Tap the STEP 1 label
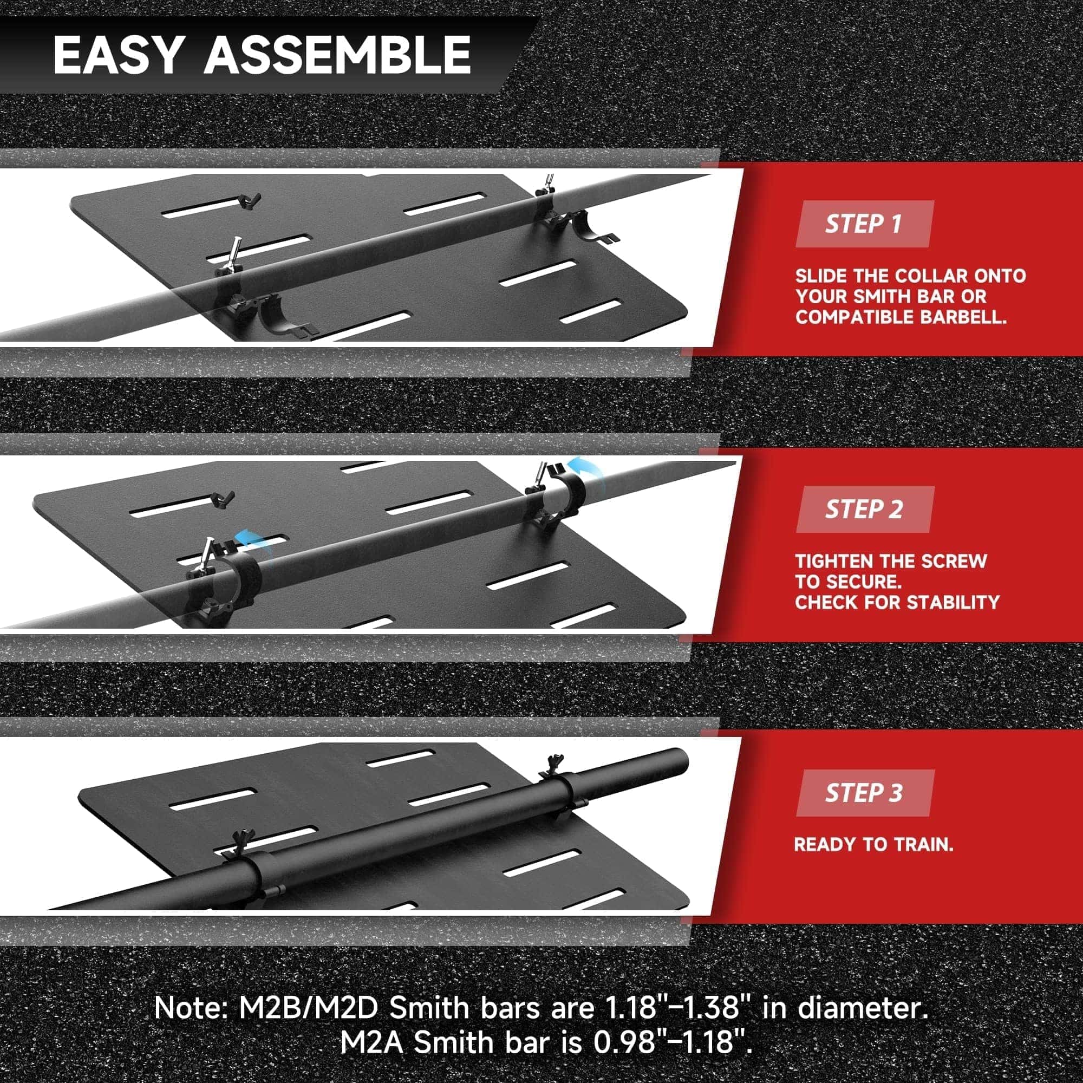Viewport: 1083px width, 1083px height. click(x=863, y=224)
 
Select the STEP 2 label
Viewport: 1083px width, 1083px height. click(x=864, y=509)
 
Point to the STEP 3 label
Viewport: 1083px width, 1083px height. click(x=864, y=793)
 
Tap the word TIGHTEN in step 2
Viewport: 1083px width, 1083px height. click(x=831, y=561)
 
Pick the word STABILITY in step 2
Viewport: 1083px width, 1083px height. click(x=953, y=603)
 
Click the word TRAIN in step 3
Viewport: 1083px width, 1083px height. click(x=921, y=860)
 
